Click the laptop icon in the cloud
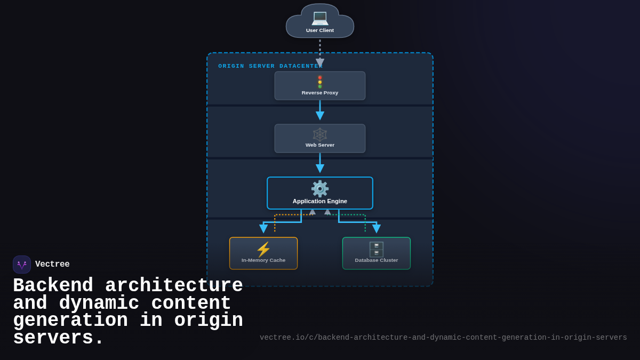320,18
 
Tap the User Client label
320,30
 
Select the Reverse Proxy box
320,86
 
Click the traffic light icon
320,82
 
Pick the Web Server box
320,139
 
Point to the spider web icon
320,134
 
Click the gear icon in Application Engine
320,189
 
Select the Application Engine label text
320,201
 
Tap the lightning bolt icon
263,249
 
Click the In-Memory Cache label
263,260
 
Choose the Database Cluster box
377,253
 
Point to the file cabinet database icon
377,249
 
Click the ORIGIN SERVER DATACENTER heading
270,66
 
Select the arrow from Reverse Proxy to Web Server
320,110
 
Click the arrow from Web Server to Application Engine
320,163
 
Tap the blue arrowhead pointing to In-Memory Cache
263,229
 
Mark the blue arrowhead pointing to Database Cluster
377,229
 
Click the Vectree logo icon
22,265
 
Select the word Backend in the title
53,286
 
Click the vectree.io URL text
443,338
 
